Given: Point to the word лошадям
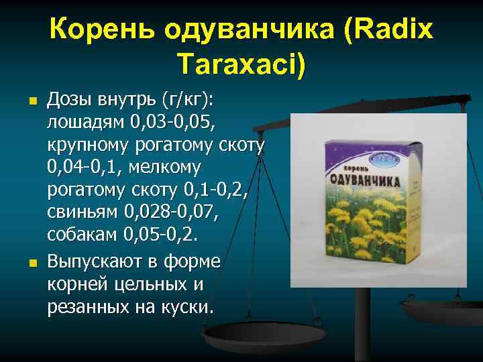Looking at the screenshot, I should [x=83, y=123].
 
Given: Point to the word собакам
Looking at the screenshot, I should [x=83, y=235].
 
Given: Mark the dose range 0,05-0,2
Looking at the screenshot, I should [x=168, y=235].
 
